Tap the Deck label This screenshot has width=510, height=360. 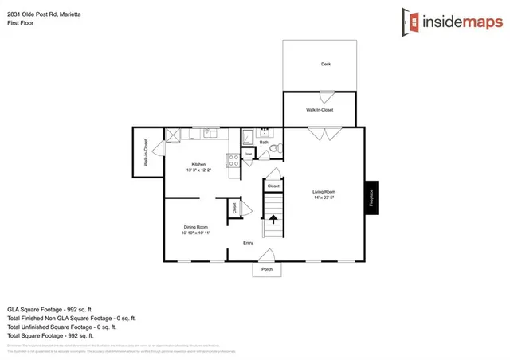point(325,64)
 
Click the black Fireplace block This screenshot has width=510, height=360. point(371,198)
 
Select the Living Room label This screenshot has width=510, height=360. point(323,192)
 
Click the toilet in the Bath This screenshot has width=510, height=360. point(273,149)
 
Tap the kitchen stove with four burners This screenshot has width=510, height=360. point(234,159)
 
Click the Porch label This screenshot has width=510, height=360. point(267,269)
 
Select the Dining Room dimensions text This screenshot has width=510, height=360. point(195,233)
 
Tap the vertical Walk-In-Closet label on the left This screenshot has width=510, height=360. point(146,152)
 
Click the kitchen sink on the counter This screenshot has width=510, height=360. point(210,134)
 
